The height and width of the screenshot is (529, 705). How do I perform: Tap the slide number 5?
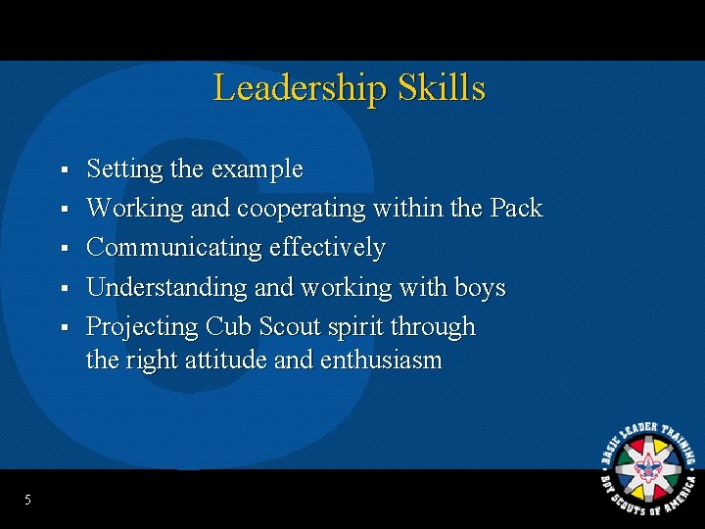tap(27, 501)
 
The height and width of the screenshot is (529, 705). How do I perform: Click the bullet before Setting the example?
tap(63, 170)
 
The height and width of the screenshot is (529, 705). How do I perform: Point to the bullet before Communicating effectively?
tap(63, 249)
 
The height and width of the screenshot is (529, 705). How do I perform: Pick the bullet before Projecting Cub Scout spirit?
tap(63, 327)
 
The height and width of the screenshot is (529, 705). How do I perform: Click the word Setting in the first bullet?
tap(124, 169)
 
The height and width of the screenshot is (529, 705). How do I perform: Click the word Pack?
tap(516, 209)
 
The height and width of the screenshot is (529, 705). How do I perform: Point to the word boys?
tap(480, 287)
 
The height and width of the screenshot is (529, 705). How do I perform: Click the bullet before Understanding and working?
tap(63, 288)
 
